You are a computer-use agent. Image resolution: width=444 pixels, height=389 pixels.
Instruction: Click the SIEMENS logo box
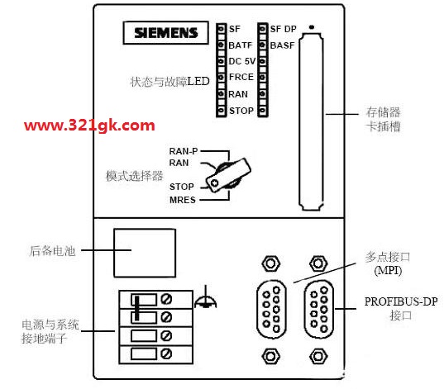[165, 33]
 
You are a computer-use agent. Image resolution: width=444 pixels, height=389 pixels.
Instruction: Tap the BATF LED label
[240, 45]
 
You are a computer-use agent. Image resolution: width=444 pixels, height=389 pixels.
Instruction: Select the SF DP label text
[283, 29]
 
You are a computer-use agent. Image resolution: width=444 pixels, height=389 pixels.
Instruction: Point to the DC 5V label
[242, 61]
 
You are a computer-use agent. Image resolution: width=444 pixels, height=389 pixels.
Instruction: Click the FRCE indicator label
[241, 77]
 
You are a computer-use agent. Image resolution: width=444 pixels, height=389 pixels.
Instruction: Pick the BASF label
[282, 45]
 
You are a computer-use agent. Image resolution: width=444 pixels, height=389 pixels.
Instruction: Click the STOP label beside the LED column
[241, 111]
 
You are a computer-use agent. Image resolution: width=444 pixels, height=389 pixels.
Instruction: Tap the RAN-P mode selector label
[184, 151]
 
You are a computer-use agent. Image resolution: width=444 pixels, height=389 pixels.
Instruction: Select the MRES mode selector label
[183, 200]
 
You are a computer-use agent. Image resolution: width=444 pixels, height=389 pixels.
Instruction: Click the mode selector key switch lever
[228, 175]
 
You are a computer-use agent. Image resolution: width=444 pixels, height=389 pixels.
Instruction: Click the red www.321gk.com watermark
[89, 126]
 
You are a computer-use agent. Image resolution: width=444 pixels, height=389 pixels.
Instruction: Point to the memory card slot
[311, 121]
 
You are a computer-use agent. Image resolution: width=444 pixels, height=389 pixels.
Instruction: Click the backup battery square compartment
[145, 253]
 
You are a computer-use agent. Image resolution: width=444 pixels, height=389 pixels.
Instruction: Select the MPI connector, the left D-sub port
[271, 309]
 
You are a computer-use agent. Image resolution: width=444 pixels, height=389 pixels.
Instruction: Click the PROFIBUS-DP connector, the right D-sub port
[319, 309]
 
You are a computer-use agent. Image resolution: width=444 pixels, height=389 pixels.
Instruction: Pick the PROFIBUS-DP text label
[401, 301]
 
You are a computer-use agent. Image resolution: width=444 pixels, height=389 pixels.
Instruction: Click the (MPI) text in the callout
[388, 271]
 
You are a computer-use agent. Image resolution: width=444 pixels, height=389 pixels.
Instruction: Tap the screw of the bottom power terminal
[166, 353]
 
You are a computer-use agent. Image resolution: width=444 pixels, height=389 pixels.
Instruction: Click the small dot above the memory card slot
[312, 27]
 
